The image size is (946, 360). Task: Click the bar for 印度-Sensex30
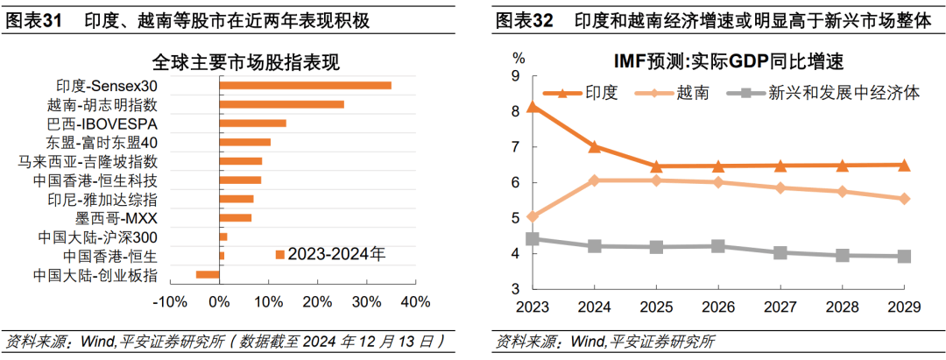click(305, 85)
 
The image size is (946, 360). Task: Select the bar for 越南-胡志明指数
click(281, 104)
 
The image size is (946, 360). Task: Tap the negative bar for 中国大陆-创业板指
click(208, 275)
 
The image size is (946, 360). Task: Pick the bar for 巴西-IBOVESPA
click(252, 124)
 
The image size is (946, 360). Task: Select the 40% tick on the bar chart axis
click(415, 302)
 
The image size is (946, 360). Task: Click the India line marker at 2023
click(533, 108)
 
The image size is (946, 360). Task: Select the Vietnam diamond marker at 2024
click(595, 180)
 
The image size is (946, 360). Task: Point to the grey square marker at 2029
click(905, 257)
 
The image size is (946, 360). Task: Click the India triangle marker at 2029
click(905, 165)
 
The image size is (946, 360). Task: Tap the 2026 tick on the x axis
click(719, 307)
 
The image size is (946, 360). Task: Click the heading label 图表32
click(524, 21)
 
